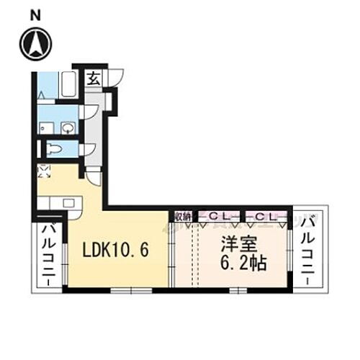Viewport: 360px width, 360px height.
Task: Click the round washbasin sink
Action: (x=68, y=128)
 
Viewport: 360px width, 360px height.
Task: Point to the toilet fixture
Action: (x=55, y=150)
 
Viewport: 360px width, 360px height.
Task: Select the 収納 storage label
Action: (x=182, y=215)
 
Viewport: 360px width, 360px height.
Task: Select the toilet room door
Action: (x=88, y=150)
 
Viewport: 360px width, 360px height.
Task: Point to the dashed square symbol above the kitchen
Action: (x=44, y=171)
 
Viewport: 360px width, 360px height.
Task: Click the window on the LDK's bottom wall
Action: (x=131, y=290)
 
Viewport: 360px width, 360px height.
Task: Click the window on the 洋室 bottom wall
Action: (x=238, y=290)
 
